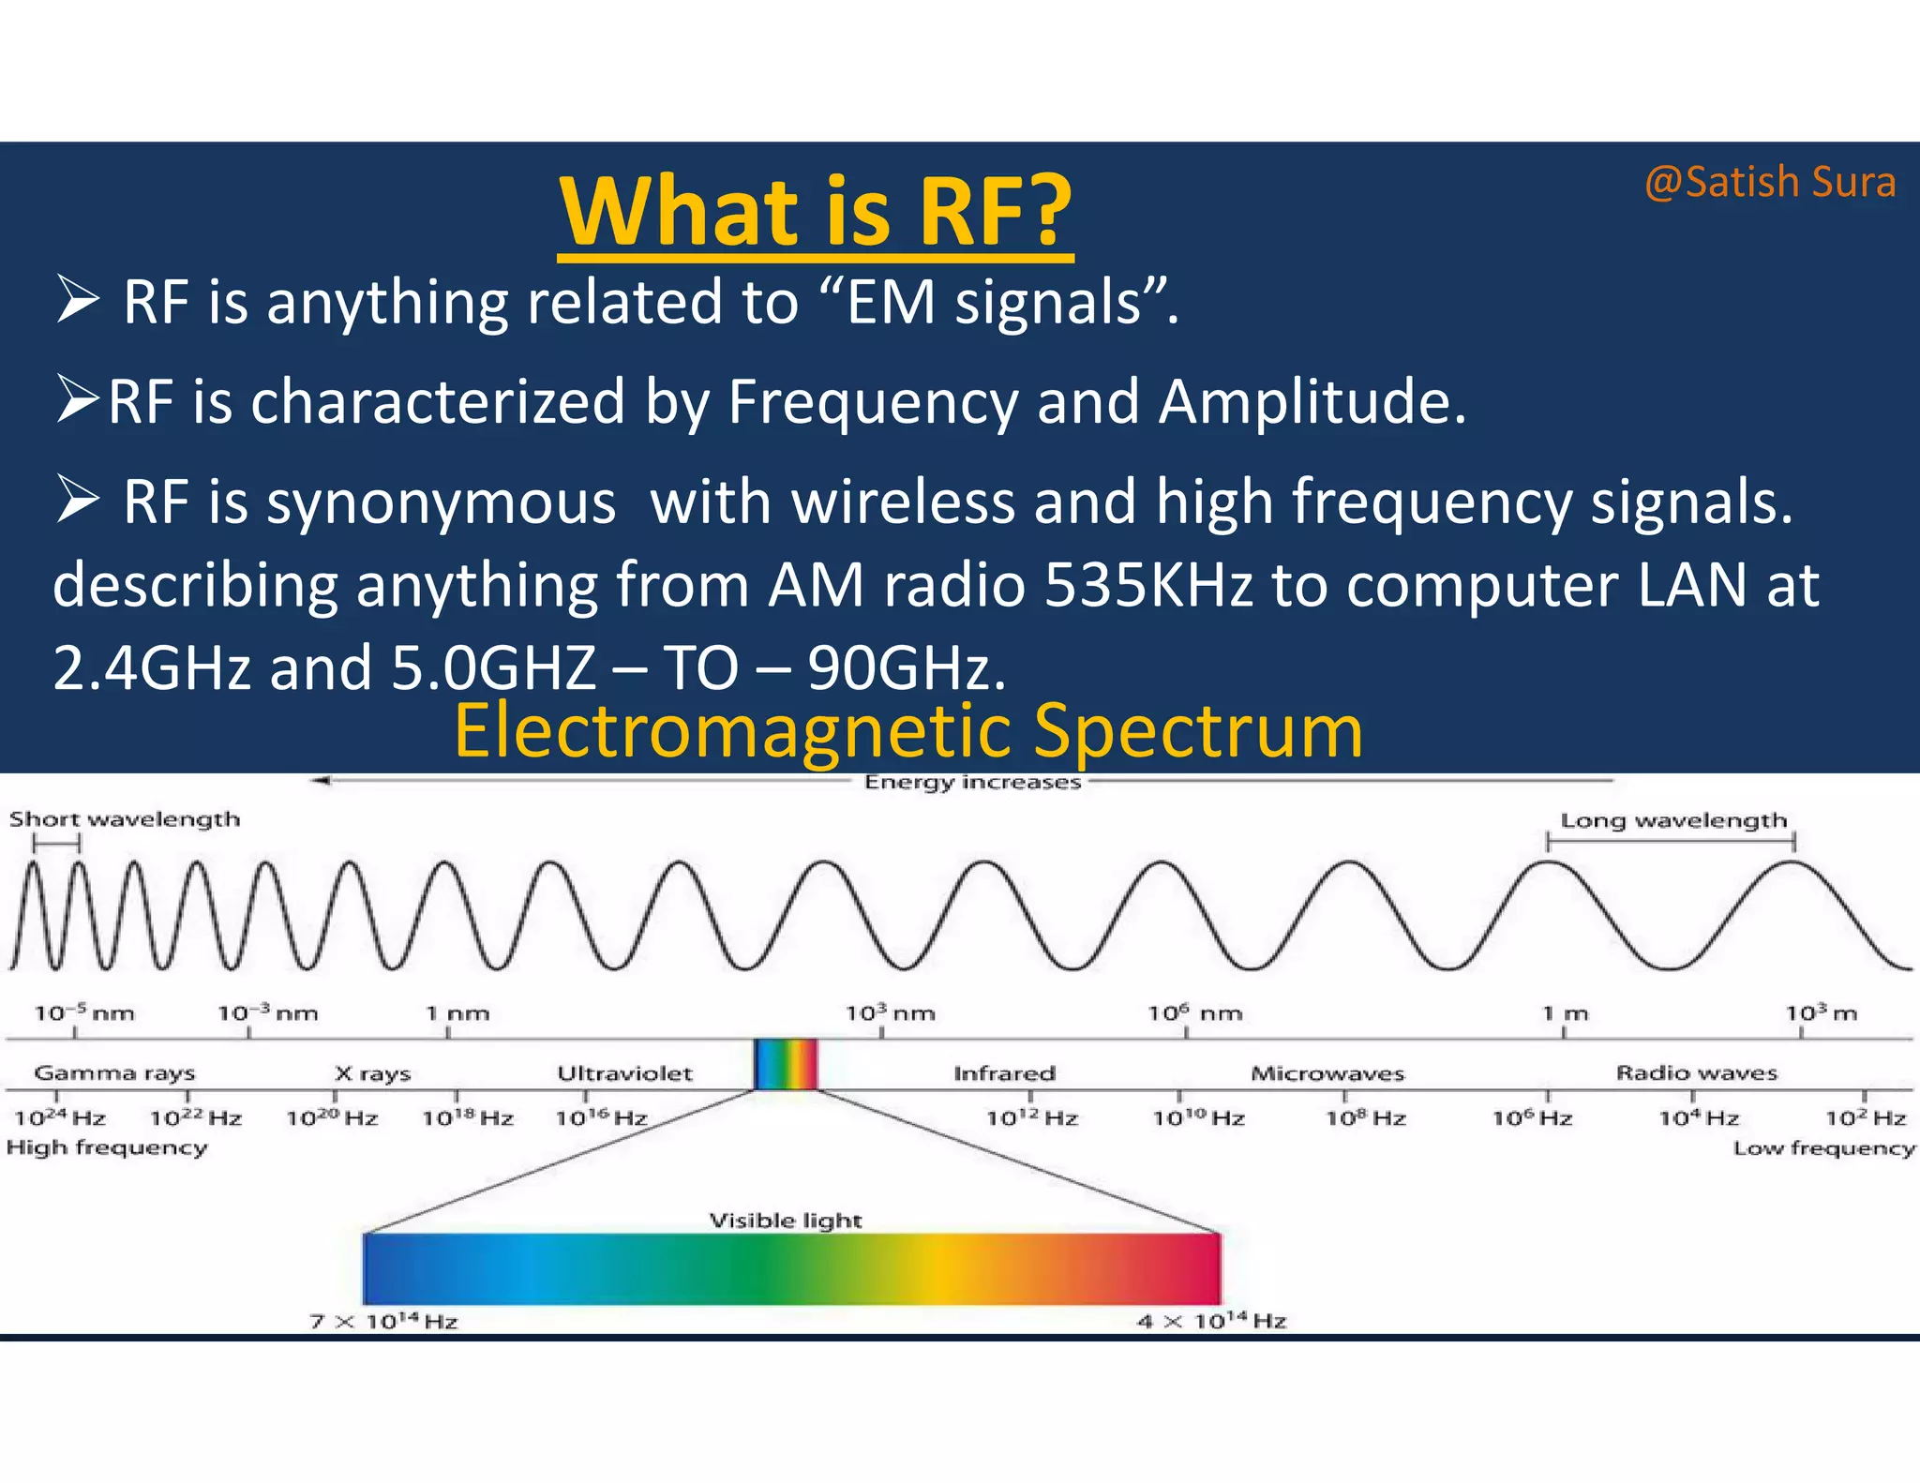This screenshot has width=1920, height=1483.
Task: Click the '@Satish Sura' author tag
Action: click(x=1769, y=182)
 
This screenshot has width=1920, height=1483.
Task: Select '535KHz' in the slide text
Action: click(x=1148, y=586)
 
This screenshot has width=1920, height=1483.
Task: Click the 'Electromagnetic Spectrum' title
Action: click(x=907, y=731)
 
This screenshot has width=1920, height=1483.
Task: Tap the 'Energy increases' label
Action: click(x=972, y=782)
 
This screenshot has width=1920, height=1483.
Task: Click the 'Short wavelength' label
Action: click(x=125, y=819)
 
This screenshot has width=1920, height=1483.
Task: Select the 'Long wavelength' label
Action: click(x=1673, y=821)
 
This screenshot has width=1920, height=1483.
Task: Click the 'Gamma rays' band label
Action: click(x=114, y=1072)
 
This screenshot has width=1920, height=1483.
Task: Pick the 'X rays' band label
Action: click(x=373, y=1073)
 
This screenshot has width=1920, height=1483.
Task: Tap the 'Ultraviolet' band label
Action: click(x=624, y=1073)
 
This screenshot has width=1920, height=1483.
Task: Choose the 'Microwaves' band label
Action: click(x=1327, y=1073)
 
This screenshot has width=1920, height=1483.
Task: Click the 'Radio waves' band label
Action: click(x=1696, y=1072)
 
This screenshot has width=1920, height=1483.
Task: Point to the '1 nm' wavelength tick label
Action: click(x=457, y=1013)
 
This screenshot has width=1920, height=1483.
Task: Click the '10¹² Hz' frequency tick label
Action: click(x=1031, y=1117)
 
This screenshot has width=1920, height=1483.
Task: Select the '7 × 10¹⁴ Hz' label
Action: click(x=383, y=1321)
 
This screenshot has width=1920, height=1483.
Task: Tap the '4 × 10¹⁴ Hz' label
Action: click(x=1211, y=1321)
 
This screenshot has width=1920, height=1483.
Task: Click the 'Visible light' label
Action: click(x=785, y=1221)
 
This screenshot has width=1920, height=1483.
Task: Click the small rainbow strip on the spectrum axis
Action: click(x=786, y=1064)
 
